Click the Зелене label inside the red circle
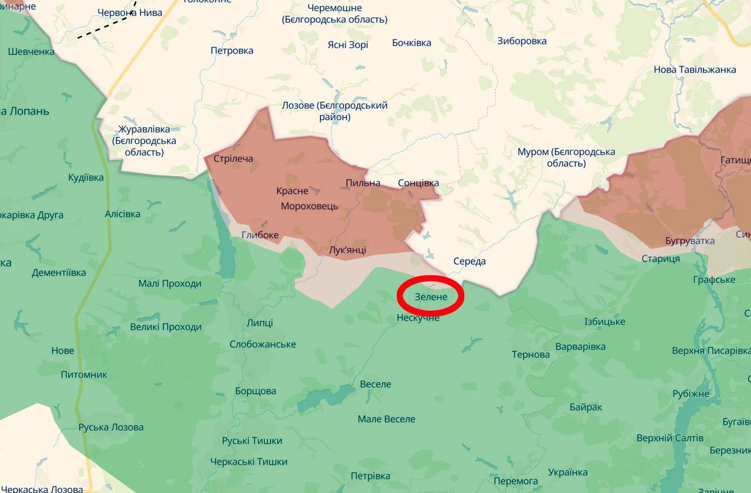(431, 297)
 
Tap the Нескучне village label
(418, 318)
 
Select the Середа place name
(469, 262)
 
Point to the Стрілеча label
(233, 159)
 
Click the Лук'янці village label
(347, 250)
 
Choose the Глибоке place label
(260, 235)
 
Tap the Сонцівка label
(418, 183)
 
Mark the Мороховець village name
(309, 206)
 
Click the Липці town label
(259, 323)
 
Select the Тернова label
(531, 355)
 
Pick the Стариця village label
(660, 259)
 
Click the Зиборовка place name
(521, 41)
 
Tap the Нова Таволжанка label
(695, 69)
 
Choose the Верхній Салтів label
(670, 438)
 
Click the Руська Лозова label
(111, 427)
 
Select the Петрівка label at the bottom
(370, 476)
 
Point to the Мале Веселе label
(386, 419)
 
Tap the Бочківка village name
(411, 43)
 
